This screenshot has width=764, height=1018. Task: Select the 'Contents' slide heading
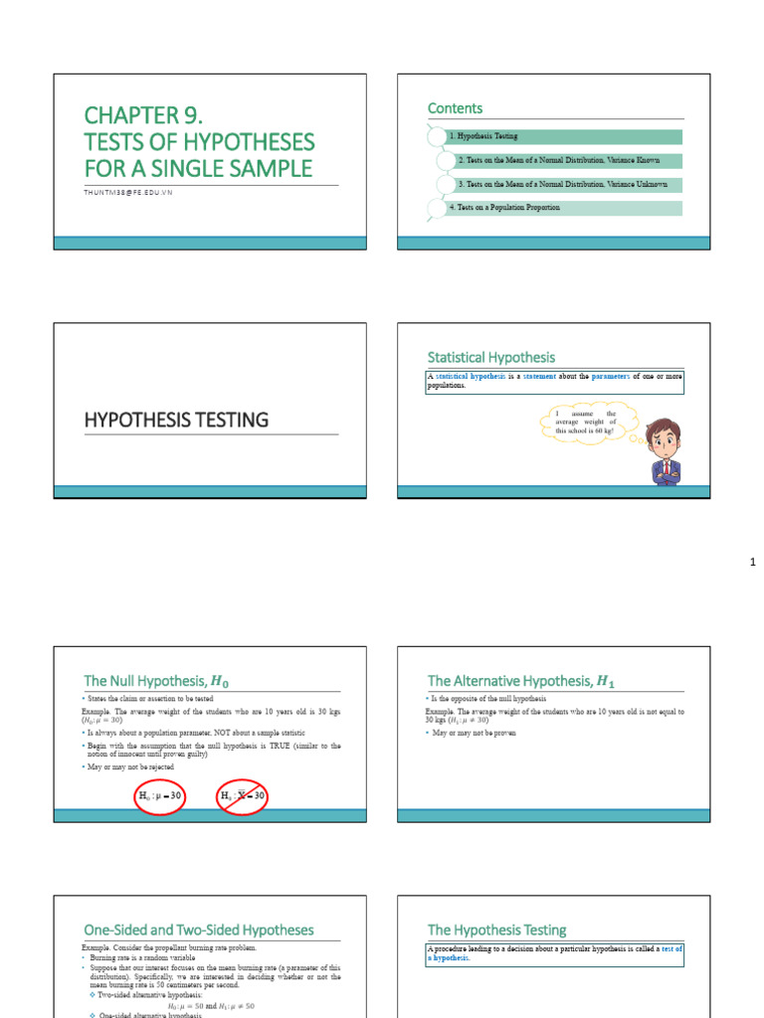[455, 108]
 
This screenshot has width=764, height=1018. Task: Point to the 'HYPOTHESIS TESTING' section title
[176, 420]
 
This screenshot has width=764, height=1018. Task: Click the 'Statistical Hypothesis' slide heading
[491, 357]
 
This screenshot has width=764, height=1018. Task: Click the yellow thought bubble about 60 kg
[586, 422]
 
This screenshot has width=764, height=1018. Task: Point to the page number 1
[753, 564]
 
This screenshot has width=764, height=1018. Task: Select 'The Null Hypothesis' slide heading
[162, 681]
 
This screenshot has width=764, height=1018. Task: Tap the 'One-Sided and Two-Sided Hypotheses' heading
[198, 930]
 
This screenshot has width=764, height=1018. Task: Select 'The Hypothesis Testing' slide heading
[496, 930]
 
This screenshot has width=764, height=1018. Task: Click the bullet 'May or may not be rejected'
[132, 767]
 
